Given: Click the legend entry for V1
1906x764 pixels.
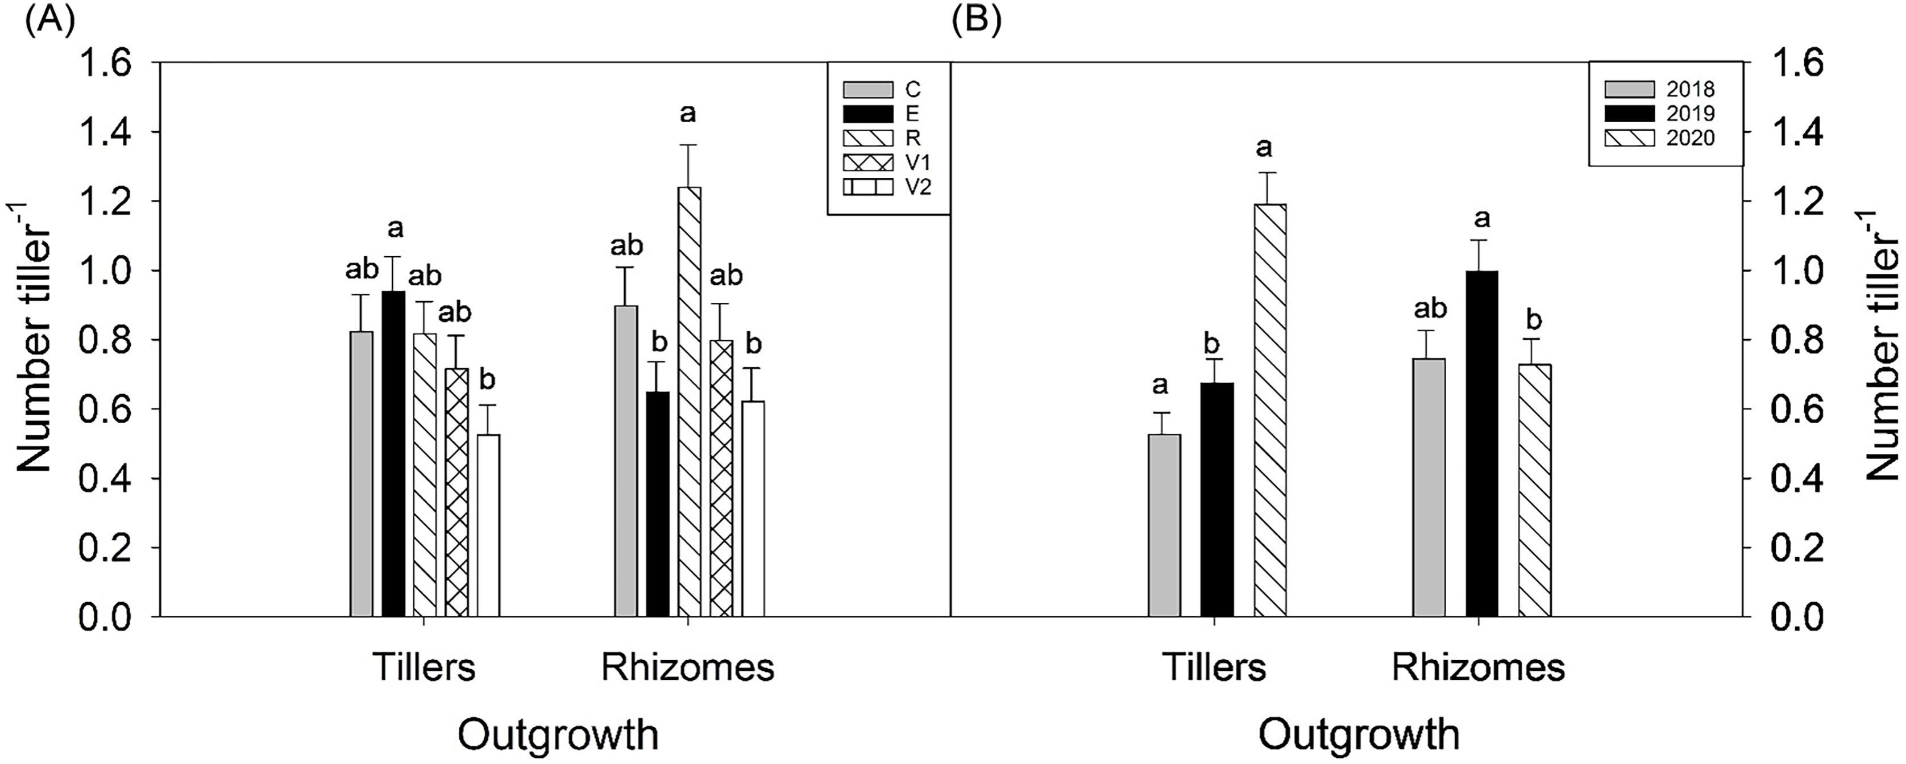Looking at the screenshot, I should tap(887, 162).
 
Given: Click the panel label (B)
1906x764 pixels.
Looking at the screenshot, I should tap(977, 20).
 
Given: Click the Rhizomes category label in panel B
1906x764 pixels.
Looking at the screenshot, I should tap(1479, 668).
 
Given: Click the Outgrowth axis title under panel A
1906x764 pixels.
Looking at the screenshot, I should tap(558, 735).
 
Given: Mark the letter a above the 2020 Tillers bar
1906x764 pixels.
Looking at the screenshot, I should tap(1264, 148).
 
